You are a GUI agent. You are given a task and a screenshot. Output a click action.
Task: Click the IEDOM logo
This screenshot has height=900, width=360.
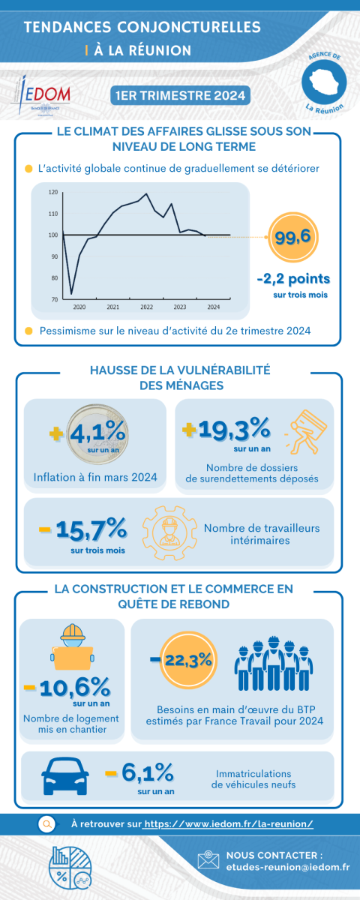tap(40, 96)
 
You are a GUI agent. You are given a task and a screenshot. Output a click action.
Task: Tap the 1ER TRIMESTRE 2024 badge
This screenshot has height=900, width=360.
tap(181, 96)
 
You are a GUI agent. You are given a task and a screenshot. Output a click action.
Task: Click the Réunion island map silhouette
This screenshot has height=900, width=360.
tap(324, 82)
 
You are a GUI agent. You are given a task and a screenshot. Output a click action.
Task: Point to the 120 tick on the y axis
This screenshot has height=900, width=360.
tap(53, 193)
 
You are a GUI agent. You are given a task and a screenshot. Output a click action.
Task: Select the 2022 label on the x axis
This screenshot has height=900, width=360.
tap(147, 307)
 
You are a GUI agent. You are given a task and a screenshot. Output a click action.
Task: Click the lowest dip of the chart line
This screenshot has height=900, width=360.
tap(71, 294)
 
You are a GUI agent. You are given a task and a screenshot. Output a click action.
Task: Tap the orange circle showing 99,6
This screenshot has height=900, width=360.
tap(293, 237)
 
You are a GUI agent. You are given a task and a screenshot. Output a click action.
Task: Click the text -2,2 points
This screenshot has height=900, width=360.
tap(293, 278)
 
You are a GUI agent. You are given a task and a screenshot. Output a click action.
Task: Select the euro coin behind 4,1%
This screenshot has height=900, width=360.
tap(97, 434)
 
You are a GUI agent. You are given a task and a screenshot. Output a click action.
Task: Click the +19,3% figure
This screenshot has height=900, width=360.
tap(226, 428)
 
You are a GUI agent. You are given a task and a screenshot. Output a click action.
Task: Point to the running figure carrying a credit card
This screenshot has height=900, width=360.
tap(306, 432)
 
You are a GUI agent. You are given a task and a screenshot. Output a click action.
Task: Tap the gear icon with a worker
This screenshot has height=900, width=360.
tap(169, 532)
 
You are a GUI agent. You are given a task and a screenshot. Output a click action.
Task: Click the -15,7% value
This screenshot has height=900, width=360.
tap(83, 529)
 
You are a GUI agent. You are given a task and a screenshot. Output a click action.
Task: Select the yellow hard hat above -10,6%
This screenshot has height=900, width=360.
tap(73, 632)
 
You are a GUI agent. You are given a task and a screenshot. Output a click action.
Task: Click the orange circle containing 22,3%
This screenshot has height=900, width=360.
tap(188, 660)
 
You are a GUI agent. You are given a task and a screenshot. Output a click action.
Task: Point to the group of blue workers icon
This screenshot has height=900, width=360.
tap(274, 663)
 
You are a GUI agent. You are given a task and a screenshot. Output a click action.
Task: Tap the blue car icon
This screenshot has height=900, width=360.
tap(65, 776)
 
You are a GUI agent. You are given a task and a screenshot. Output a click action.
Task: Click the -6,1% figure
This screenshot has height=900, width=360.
tap(139, 772)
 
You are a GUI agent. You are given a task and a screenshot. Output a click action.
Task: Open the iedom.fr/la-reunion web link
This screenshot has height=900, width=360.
tap(229, 824)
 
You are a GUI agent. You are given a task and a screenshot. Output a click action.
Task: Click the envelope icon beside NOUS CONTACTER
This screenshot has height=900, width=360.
tap(208, 859)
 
